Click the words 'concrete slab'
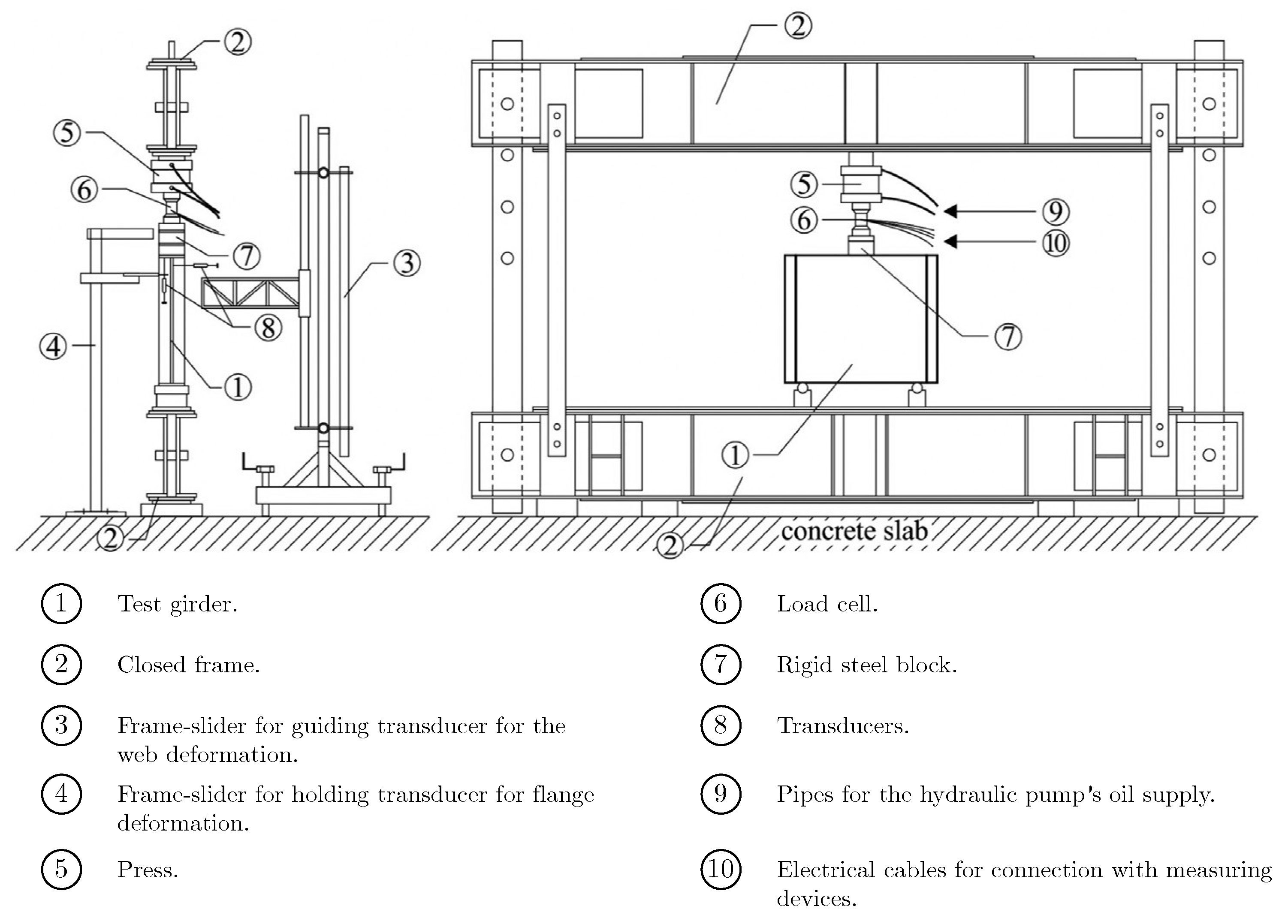coord(854,531)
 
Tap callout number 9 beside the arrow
coord(1055,211)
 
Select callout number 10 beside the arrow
coord(1055,243)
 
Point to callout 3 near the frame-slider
coord(407,263)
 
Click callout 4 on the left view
coord(53,346)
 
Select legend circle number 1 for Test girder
coord(61,603)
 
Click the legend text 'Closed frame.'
coord(188,665)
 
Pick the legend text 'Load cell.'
coord(826,604)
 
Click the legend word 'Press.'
coord(148,870)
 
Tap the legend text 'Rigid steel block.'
coord(866,665)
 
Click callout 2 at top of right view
coord(798,26)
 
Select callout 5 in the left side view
coord(67,133)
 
